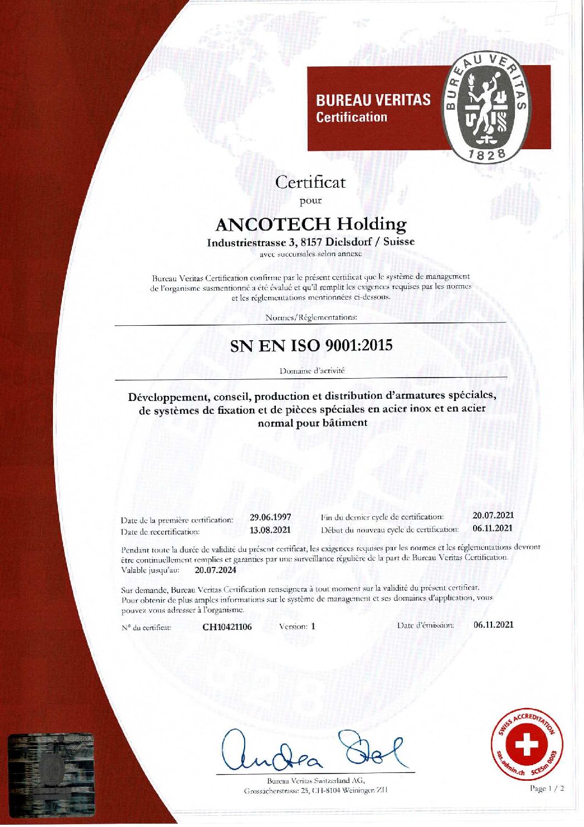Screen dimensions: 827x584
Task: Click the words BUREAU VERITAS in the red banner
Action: point(373,100)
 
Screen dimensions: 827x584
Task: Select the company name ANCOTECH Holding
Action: point(310,224)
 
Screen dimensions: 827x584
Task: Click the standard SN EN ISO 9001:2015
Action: point(311,345)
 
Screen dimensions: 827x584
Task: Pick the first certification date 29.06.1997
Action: point(270,517)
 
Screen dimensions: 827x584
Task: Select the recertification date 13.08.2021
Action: point(270,530)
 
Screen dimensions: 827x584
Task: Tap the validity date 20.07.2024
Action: point(216,570)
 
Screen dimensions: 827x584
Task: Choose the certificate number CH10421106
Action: point(227,627)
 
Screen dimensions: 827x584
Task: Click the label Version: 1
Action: point(297,626)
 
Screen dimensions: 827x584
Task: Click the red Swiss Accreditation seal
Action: point(527,745)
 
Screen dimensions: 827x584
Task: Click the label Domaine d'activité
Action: point(312,370)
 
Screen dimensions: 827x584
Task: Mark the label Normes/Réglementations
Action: point(312,317)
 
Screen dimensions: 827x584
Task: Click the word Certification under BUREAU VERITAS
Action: point(351,117)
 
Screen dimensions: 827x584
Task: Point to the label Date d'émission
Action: point(426,625)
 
